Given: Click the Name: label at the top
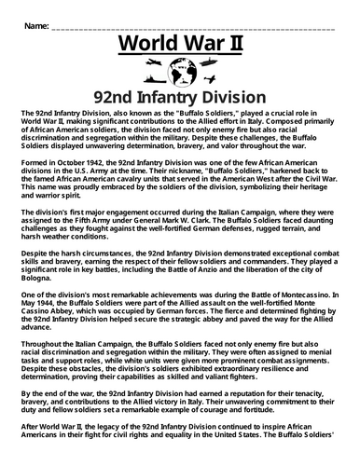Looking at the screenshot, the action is pyautogui.click(x=35, y=21).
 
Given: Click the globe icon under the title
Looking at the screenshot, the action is pyautogui.click(x=181, y=72).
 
